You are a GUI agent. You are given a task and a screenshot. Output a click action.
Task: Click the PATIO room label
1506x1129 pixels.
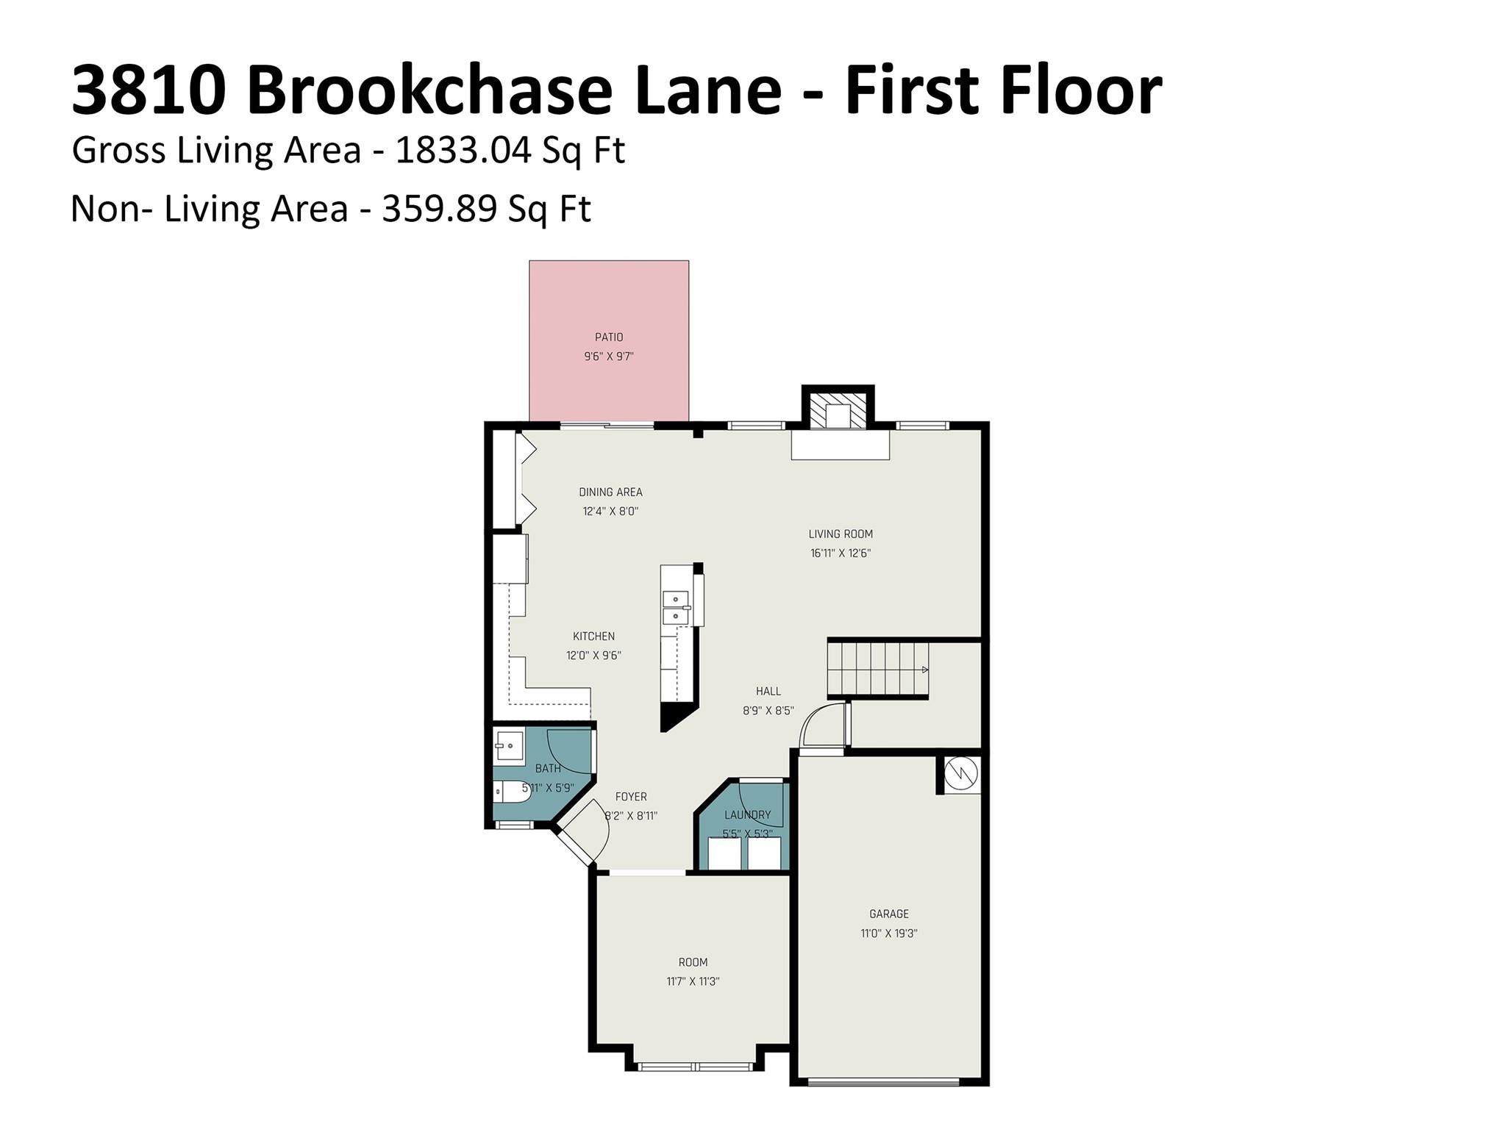[609, 337]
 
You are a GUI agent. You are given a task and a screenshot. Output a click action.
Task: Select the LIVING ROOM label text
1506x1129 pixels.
[841, 534]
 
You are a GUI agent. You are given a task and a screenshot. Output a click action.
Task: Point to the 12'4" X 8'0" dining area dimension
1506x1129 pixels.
[610, 512]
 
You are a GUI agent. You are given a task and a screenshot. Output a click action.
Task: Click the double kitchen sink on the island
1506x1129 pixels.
[675, 607]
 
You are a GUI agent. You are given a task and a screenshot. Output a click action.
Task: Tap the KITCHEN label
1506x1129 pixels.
[593, 637]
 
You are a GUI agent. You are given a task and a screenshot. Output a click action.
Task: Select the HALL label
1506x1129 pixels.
[768, 692]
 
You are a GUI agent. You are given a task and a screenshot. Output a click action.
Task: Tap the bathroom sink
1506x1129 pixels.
[509, 746]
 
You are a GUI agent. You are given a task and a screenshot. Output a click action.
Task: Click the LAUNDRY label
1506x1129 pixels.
[747, 815]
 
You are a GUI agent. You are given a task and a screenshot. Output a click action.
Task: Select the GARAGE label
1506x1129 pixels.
[889, 914]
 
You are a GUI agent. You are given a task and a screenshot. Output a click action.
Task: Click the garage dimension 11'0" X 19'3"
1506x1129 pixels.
[889, 934]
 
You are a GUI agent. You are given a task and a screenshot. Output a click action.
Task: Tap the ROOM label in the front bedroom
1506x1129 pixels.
[693, 962]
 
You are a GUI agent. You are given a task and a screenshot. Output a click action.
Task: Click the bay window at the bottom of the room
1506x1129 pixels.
[695, 1067]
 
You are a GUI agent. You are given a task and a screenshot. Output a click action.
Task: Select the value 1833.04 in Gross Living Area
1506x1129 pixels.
[463, 151]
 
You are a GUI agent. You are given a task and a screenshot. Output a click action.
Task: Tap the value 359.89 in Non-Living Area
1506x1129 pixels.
[439, 209]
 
